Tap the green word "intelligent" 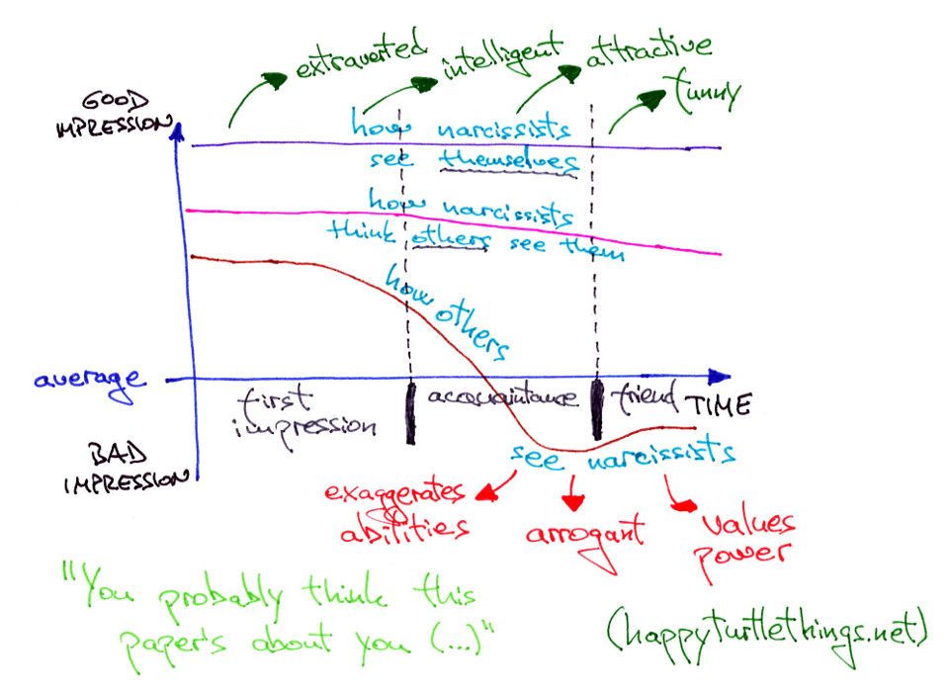[x=501, y=50]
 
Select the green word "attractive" [x=647, y=48]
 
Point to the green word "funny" [x=705, y=91]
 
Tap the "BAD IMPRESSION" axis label [x=125, y=468]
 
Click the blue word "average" [x=88, y=381]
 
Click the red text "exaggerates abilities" [x=398, y=509]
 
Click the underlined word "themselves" [x=508, y=159]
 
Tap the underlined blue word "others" [x=448, y=238]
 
